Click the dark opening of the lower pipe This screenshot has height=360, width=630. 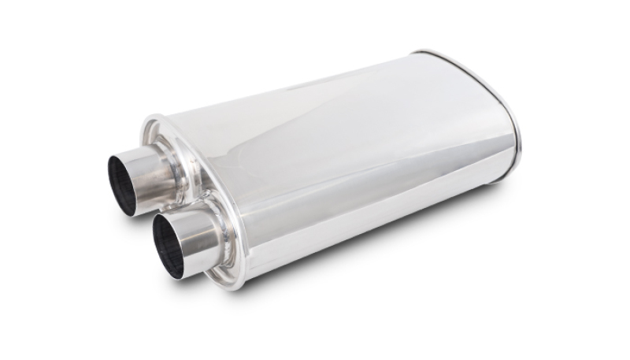pyautogui.click(x=168, y=245)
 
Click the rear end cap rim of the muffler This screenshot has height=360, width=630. pyautogui.click(x=512, y=110)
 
